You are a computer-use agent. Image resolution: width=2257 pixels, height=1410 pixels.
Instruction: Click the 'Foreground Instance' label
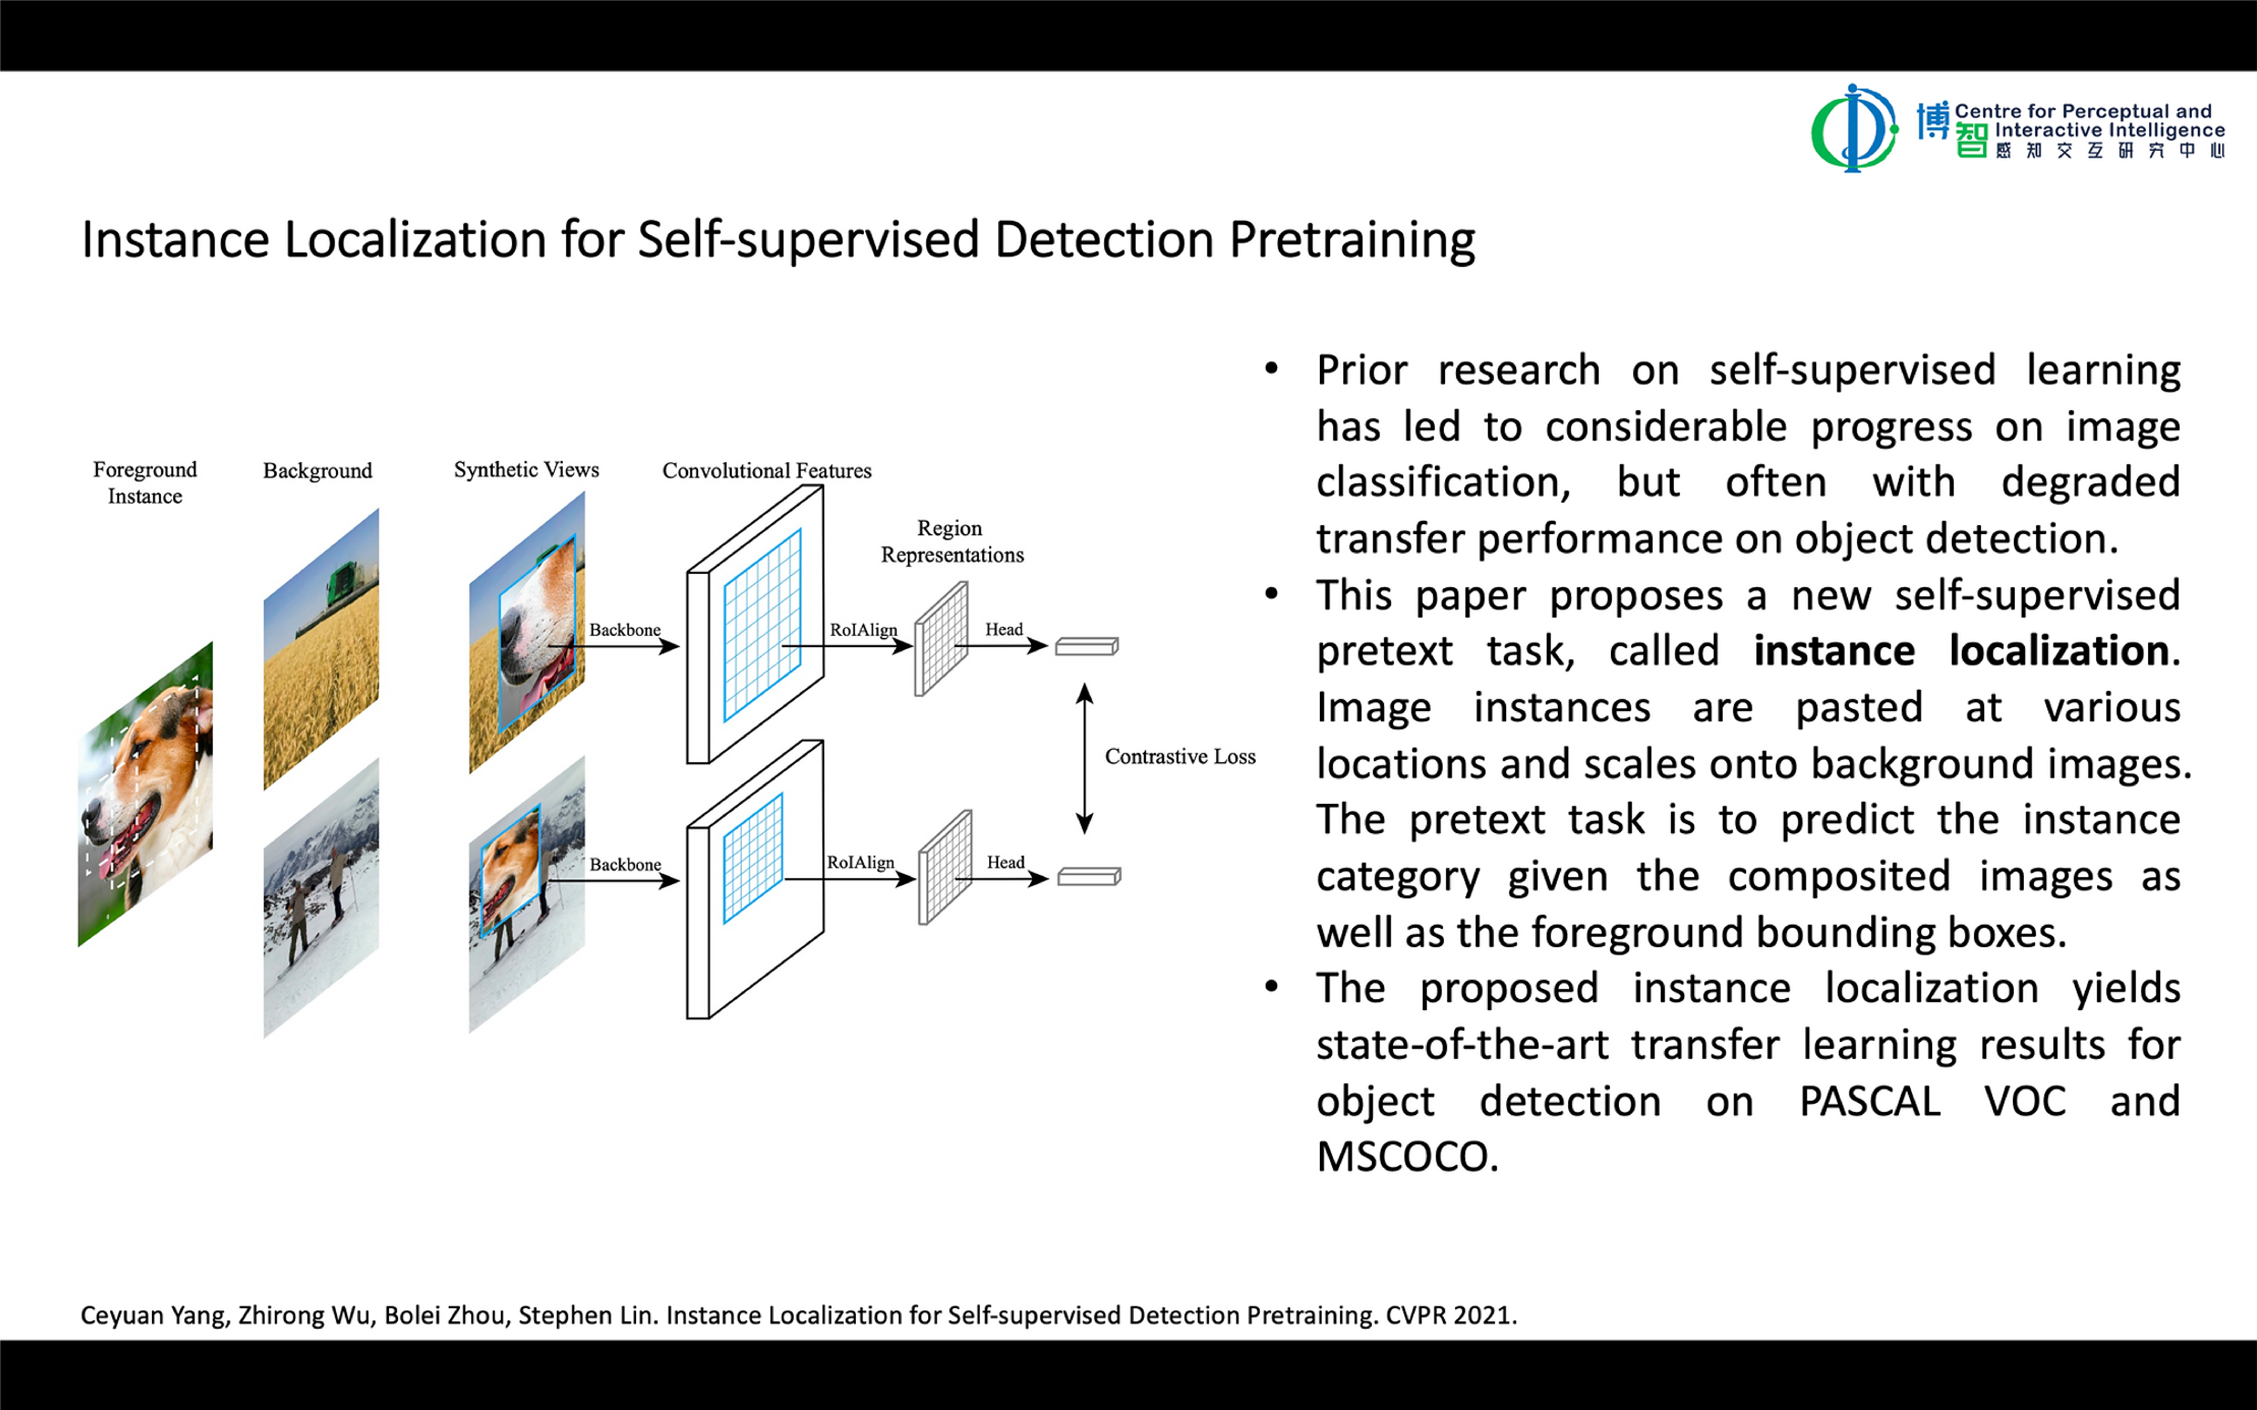145,482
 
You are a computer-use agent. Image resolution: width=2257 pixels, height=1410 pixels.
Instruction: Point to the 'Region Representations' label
951,541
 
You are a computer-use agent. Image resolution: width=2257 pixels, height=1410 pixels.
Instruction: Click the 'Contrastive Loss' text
1180,756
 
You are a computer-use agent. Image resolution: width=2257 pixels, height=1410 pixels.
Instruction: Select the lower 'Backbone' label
625,864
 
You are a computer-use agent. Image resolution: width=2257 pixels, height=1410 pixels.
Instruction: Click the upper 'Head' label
1004,630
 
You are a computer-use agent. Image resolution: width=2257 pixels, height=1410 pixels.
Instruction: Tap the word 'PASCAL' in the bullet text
1869,1101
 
